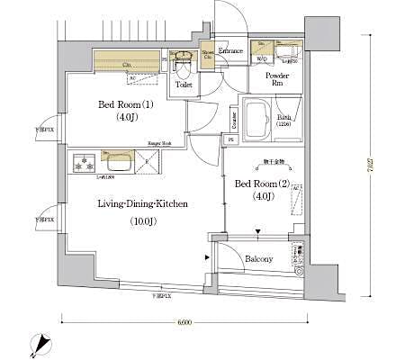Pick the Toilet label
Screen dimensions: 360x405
184,85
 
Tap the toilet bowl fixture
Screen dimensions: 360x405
183,64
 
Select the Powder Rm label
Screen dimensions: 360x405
275,81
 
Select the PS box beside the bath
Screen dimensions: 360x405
230,140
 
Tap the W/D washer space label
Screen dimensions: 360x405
261,58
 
